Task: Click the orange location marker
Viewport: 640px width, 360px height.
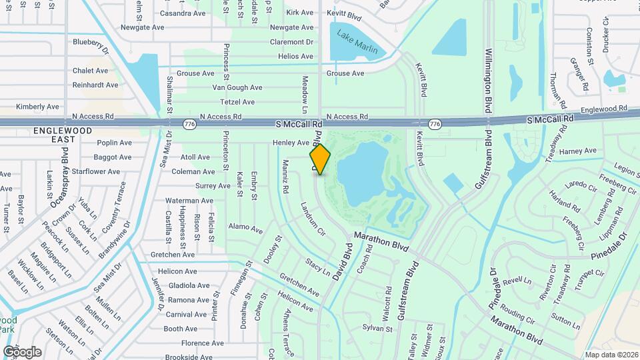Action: point(320,159)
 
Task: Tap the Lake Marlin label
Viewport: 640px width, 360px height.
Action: point(357,42)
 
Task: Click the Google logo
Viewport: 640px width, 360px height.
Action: point(22,351)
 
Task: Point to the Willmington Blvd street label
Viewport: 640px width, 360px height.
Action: point(489,80)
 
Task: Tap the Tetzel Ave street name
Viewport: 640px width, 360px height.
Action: point(238,102)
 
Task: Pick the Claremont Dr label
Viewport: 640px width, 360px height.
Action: point(291,42)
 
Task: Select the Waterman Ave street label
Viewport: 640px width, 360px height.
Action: point(189,201)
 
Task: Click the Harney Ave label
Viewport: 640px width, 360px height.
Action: point(578,151)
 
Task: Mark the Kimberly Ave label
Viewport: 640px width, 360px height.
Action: point(38,107)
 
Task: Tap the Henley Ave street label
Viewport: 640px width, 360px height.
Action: point(291,143)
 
